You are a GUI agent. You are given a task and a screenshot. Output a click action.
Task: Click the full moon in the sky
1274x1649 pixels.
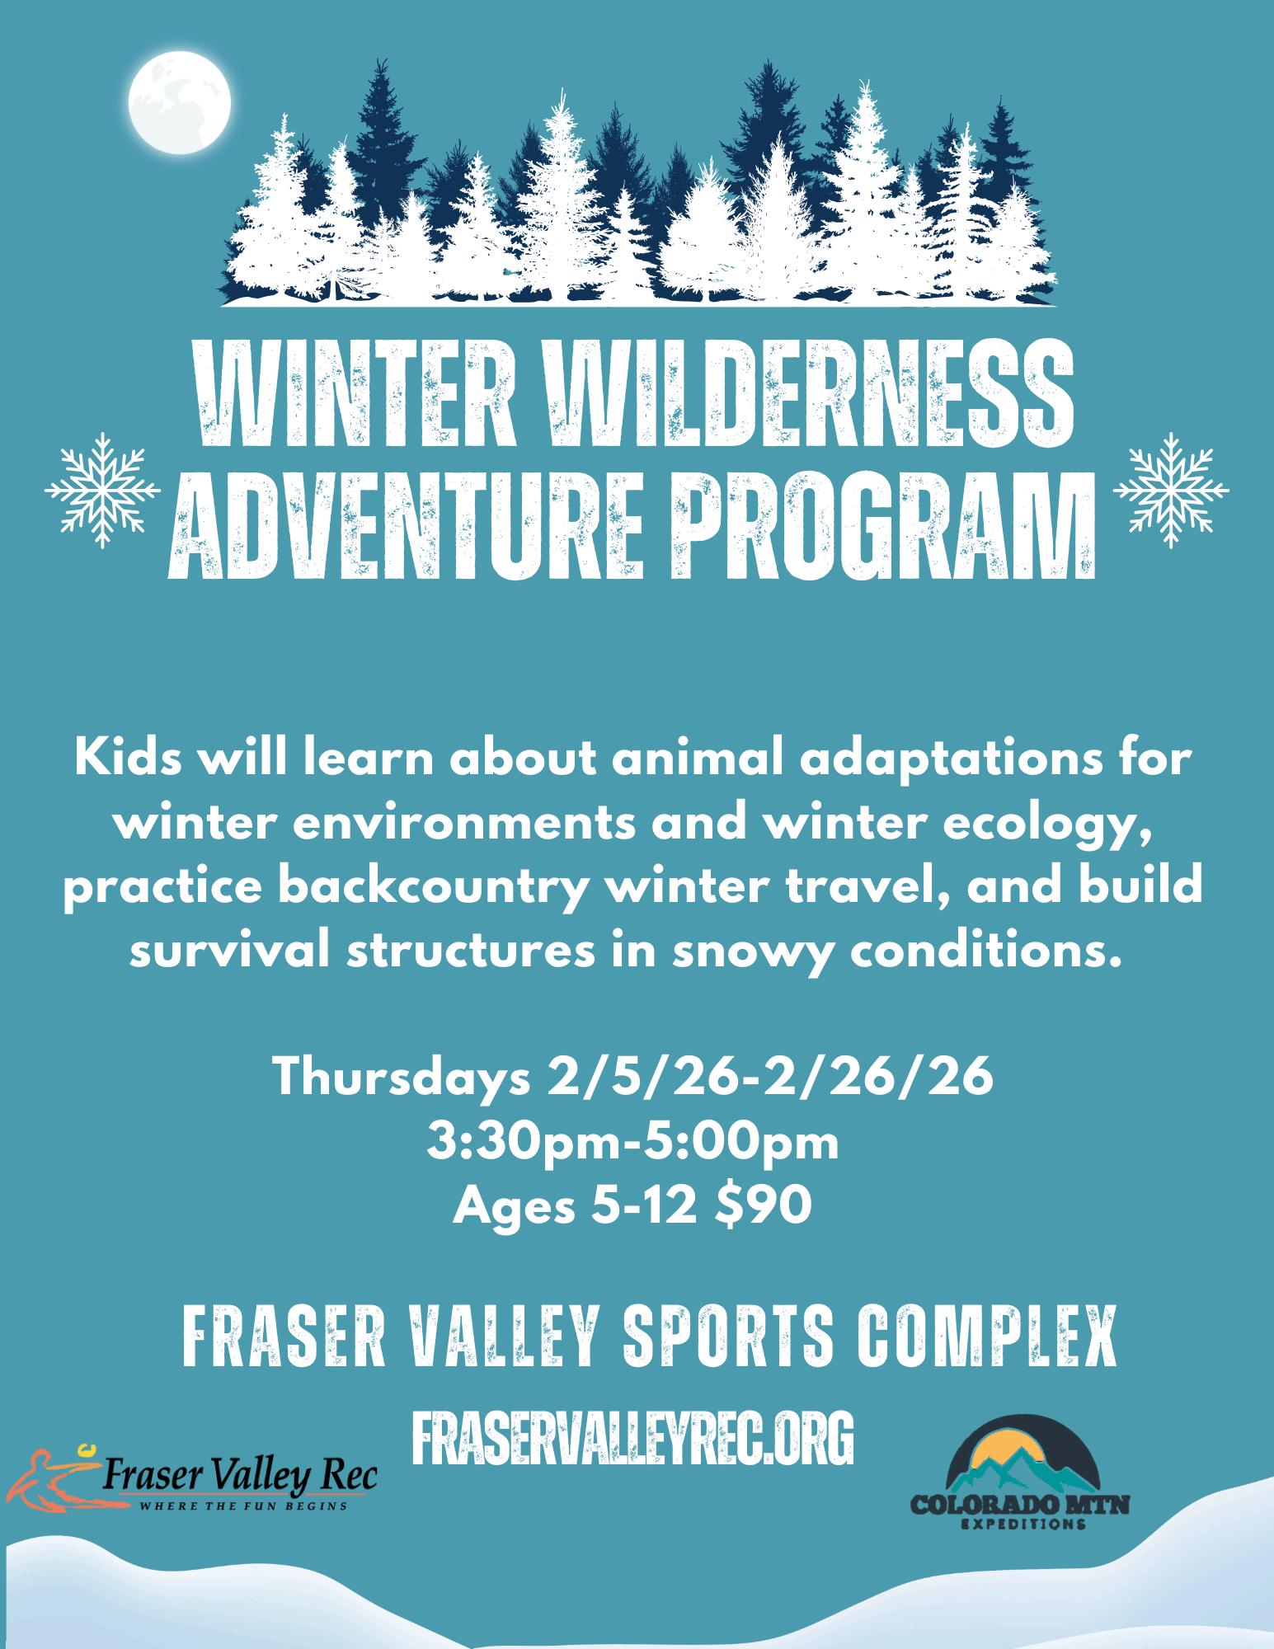coord(180,104)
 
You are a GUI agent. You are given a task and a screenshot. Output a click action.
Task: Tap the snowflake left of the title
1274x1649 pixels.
coord(102,490)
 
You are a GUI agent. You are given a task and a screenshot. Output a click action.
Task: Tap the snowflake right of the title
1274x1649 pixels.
coord(1171,490)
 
